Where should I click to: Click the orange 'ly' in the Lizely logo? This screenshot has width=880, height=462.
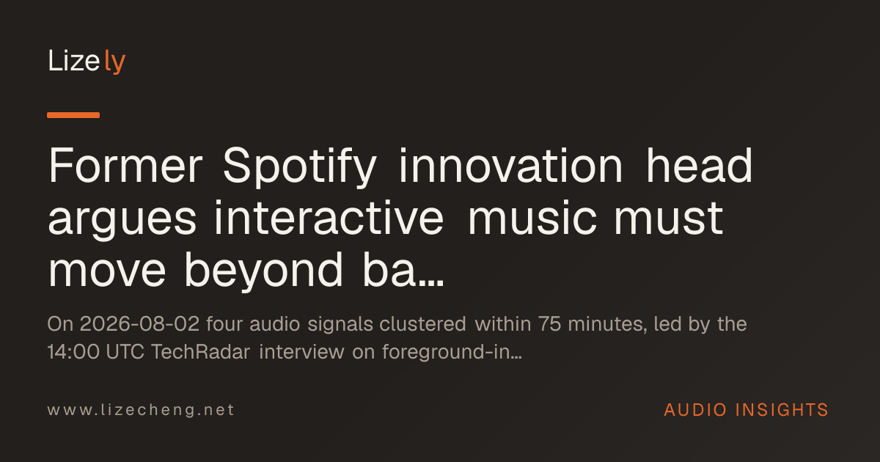(x=114, y=62)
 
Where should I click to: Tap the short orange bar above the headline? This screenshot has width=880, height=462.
(x=73, y=115)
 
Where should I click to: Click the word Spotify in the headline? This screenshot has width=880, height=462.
(x=300, y=166)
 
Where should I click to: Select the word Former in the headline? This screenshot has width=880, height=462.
(x=125, y=166)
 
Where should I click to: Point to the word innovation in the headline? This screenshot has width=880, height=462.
(x=510, y=166)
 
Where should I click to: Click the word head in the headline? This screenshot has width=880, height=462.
(x=700, y=166)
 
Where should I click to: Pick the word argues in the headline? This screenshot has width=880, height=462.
(x=122, y=220)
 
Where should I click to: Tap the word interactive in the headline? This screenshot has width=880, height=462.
(x=329, y=217)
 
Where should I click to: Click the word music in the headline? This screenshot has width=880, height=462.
(x=532, y=217)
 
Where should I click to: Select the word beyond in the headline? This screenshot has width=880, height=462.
(x=263, y=272)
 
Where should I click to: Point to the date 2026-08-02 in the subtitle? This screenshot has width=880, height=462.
(x=140, y=324)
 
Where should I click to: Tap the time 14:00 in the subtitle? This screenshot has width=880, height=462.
(x=73, y=351)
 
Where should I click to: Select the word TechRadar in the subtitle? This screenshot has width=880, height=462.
(x=200, y=351)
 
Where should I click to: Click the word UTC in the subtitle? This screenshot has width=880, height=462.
(x=125, y=351)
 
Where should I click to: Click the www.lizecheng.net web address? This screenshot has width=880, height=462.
(x=141, y=410)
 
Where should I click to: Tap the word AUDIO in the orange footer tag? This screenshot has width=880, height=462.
(x=695, y=410)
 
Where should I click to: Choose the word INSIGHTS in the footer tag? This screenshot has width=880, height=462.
(x=782, y=410)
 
